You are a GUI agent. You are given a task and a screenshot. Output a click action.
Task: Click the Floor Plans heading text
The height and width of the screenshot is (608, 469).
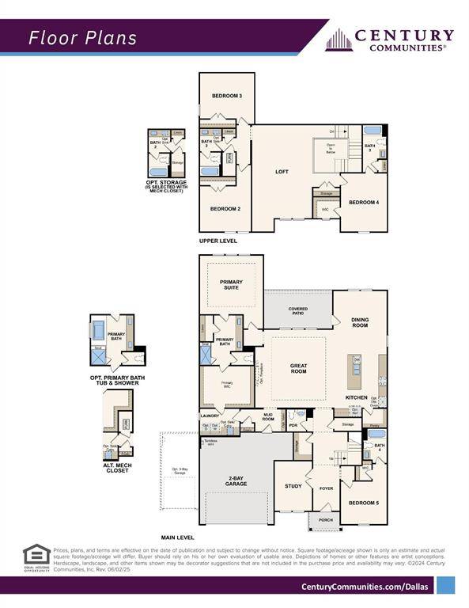[x=83, y=37]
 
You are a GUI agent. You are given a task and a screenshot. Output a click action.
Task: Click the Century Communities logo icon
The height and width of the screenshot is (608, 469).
[x=339, y=40]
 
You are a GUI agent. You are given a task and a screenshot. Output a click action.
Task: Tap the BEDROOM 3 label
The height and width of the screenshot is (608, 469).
[x=226, y=96]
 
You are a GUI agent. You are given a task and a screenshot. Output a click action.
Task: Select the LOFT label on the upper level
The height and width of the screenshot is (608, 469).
[x=282, y=171]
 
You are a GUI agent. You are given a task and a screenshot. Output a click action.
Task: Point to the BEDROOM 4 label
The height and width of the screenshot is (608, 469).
[x=364, y=202]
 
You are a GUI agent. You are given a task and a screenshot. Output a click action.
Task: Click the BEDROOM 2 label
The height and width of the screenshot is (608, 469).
[x=226, y=208]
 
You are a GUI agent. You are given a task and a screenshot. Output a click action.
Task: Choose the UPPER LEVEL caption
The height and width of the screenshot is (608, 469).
[x=217, y=241]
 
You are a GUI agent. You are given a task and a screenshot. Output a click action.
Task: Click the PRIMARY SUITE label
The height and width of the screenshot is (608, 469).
[x=231, y=285]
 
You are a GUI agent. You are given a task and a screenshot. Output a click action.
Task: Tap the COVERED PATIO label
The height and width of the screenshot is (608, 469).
[x=298, y=310]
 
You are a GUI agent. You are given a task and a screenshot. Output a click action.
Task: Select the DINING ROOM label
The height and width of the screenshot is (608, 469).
[x=360, y=322]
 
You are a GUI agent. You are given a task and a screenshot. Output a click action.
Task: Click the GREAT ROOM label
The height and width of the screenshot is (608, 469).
[x=297, y=368]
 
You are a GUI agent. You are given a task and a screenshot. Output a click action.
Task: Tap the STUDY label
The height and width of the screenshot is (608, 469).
[x=293, y=485]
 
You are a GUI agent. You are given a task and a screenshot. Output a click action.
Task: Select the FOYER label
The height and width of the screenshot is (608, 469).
[x=326, y=488]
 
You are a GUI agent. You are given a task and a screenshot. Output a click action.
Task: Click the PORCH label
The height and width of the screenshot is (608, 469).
[x=325, y=520]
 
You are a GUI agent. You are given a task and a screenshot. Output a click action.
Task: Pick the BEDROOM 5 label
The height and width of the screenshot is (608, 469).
[x=363, y=503]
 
